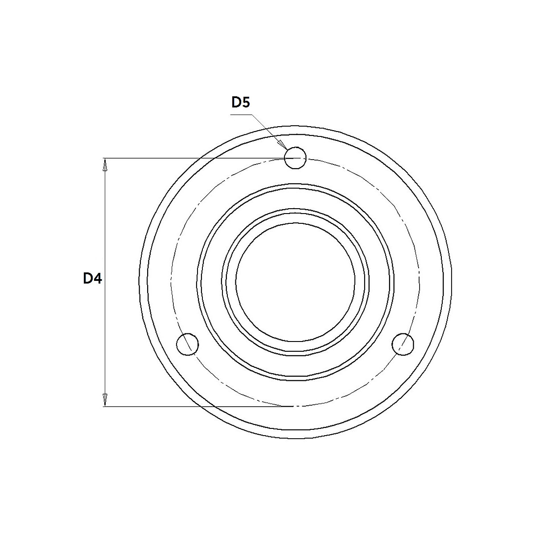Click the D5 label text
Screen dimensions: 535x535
pyautogui.click(x=241, y=103)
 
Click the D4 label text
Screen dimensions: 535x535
pyautogui.click(x=93, y=279)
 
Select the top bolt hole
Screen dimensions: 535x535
pyautogui.click(x=295, y=158)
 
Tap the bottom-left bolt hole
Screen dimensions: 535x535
pyautogui.click(x=187, y=344)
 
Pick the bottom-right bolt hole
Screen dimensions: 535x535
pyautogui.click(x=403, y=344)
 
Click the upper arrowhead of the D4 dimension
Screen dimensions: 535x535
pyautogui.click(x=105, y=165)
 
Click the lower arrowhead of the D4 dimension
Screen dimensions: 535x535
pyautogui.click(x=105, y=399)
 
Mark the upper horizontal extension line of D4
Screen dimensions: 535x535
pyautogui.click(x=192, y=158)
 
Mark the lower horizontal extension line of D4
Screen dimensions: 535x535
pyautogui.click(x=192, y=407)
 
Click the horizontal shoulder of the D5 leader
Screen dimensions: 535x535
pyautogui.click(x=241, y=115)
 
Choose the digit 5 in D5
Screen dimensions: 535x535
pyautogui.click(x=246, y=103)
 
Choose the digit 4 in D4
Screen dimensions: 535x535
pyautogui.click(x=98, y=279)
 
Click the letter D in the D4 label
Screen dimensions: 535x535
pyautogui.click(x=88, y=279)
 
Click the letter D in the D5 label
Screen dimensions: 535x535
pyautogui.click(x=236, y=103)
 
